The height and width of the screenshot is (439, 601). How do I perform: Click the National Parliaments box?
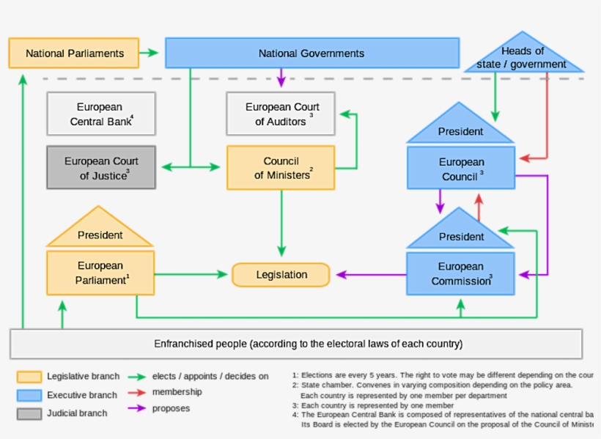click(x=74, y=54)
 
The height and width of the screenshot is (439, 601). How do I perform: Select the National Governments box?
click(x=311, y=54)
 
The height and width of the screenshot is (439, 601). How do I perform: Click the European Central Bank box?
click(x=101, y=114)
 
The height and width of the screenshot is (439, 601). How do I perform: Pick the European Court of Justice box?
click(x=101, y=168)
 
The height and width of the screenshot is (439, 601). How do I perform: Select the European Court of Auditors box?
click(x=281, y=114)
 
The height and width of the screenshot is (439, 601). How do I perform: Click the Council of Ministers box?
click(x=281, y=168)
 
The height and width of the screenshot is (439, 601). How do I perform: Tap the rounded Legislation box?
click(x=281, y=275)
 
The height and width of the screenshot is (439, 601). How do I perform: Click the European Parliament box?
click(x=101, y=273)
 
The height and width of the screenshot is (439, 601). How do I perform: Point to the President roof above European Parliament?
click(x=100, y=233)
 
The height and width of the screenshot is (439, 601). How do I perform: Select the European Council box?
click(x=461, y=169)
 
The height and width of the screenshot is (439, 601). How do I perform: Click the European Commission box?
click(x=461, y=273)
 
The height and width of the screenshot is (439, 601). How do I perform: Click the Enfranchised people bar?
click(x=296, y=344)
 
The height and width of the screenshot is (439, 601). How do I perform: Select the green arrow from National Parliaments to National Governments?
click(x=150, y=53)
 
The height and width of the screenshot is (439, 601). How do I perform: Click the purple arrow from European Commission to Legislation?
click(x=370, y=276)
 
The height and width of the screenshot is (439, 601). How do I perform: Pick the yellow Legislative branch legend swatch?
click(x=29, y=377)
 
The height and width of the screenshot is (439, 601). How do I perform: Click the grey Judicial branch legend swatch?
click(x=29, y=413)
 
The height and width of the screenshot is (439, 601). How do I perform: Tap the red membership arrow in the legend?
click(x=136, y=392)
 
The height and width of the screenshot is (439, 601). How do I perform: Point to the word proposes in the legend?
click(x=171, y=408)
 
